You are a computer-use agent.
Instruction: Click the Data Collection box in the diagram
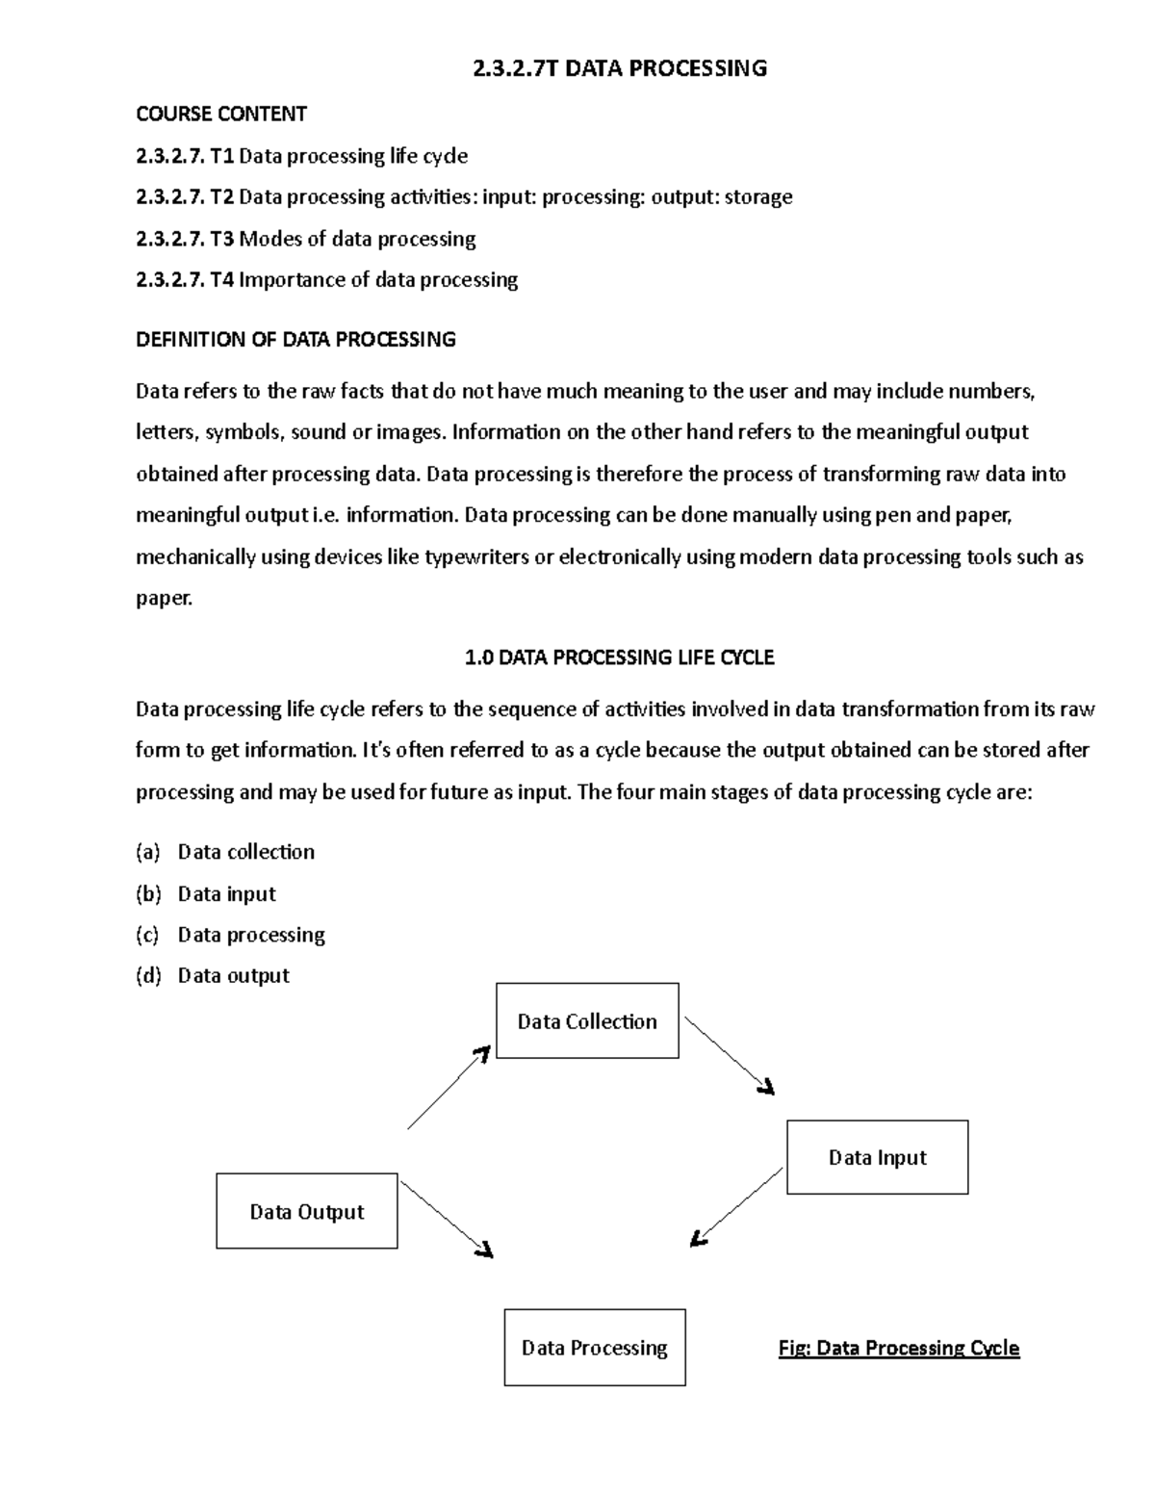click(587, 1020)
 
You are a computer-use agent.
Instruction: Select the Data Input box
click(877, 1157)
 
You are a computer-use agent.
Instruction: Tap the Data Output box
click(306, 1211)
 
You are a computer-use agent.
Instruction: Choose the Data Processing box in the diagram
click(594, 1347)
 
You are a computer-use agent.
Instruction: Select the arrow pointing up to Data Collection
click(449, 1088)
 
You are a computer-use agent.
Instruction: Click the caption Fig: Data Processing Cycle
click(898, 1348)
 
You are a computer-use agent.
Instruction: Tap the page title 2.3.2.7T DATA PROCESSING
click(620, 68)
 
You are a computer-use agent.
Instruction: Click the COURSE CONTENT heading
click(221, 114)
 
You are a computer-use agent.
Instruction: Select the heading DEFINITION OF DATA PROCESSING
click(295, 339)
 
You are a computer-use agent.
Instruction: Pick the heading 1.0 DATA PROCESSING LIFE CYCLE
click(619, 657)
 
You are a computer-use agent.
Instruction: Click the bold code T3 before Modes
click(222, 239)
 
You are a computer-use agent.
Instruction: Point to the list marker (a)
click(147, 852)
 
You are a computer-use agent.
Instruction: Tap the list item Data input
click(226, 893)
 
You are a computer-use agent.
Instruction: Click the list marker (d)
click(147, 976)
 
